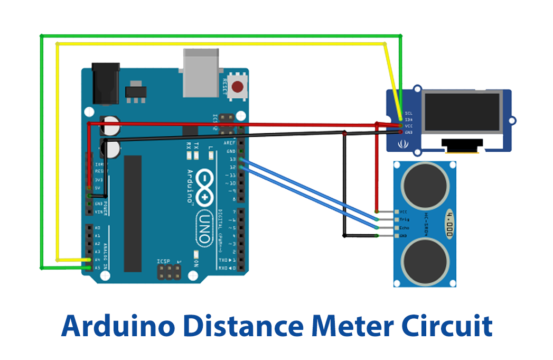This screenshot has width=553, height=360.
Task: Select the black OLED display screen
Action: [x=461, y=115]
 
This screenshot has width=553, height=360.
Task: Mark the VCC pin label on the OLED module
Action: [x=407, y=125]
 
